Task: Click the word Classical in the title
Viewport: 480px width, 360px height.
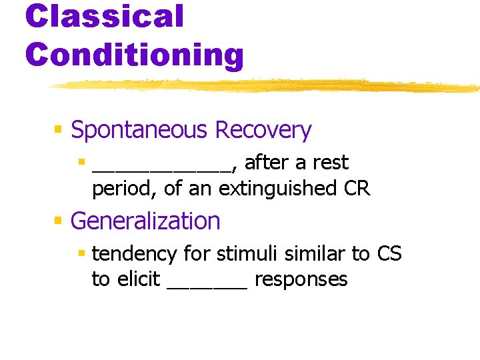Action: pyautogui.click(x=104, y=15)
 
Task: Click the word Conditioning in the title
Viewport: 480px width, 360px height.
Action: pyautogui.click(x=135, y=55)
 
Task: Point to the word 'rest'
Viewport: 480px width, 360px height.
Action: pyautogui.click(x=326, y=163)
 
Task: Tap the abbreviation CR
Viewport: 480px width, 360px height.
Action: pyautogui.click(x=357, y=189)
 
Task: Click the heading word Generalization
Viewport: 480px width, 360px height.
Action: pyautogui.click(x=145, y=221)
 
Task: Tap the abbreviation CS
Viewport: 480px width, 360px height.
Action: pyautogui.click(x=389, y=253)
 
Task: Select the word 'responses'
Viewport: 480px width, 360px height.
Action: pyautogui.click(x=301, y=280)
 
